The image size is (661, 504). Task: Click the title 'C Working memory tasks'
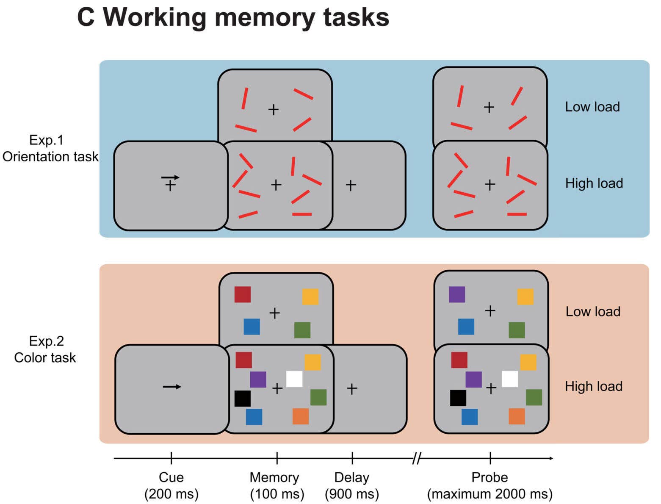(x=233, y=17)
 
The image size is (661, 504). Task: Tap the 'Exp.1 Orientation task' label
(x=50, y=148)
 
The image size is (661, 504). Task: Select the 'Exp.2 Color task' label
(x=45, y=349)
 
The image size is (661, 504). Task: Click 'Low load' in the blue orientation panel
(x=592, y=107)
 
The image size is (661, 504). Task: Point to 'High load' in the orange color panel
(x=593, y=386)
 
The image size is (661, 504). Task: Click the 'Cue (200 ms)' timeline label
(x=171, y=485)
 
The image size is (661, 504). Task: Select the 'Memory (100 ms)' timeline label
(x=276, y=485)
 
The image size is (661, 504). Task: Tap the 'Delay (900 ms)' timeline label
(x=351, y=485)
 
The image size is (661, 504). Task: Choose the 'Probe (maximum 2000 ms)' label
(x=490, y=485)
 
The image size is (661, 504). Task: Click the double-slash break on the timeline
(x=416, y=458)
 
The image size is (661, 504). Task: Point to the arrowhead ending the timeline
(x=550, y=458)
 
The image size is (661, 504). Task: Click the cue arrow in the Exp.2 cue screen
(x=172, y=387)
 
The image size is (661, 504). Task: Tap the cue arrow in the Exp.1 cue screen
(x=170, y=178)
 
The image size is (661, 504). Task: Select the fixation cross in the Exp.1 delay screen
(x=351, y=185)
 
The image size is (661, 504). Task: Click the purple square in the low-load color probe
(x=457, y=294)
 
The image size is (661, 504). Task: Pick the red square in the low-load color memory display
(x=243, y=294)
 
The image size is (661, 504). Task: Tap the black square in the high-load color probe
(x=458, y=398)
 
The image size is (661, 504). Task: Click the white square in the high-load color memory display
(x=294, y=379)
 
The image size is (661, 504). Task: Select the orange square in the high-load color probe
(x=517, y=416)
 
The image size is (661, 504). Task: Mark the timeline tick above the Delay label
(x=352, y=458)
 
